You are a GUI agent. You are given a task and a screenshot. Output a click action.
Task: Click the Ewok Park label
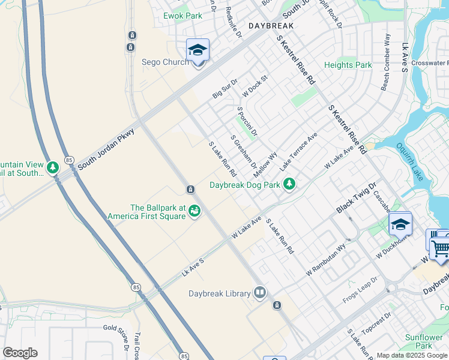[185, 16]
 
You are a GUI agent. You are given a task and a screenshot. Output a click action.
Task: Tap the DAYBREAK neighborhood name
[271, 26]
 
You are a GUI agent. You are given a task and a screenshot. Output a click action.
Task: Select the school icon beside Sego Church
[197, 50]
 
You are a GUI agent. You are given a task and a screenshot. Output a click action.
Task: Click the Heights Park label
[348, 65]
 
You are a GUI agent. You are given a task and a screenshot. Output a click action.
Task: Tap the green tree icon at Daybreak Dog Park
[289, 183]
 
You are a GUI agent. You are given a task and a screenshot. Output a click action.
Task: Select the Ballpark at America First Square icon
[194, 211]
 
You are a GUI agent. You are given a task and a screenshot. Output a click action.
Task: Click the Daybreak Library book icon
[260, 293]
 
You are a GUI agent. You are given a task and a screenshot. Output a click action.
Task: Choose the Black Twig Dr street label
[355, 197]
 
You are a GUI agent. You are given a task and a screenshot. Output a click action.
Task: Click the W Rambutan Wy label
[325, 257]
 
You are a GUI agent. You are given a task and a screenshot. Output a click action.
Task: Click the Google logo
[20, 353]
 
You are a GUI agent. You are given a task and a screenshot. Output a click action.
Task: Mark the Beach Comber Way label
[385, 62]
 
